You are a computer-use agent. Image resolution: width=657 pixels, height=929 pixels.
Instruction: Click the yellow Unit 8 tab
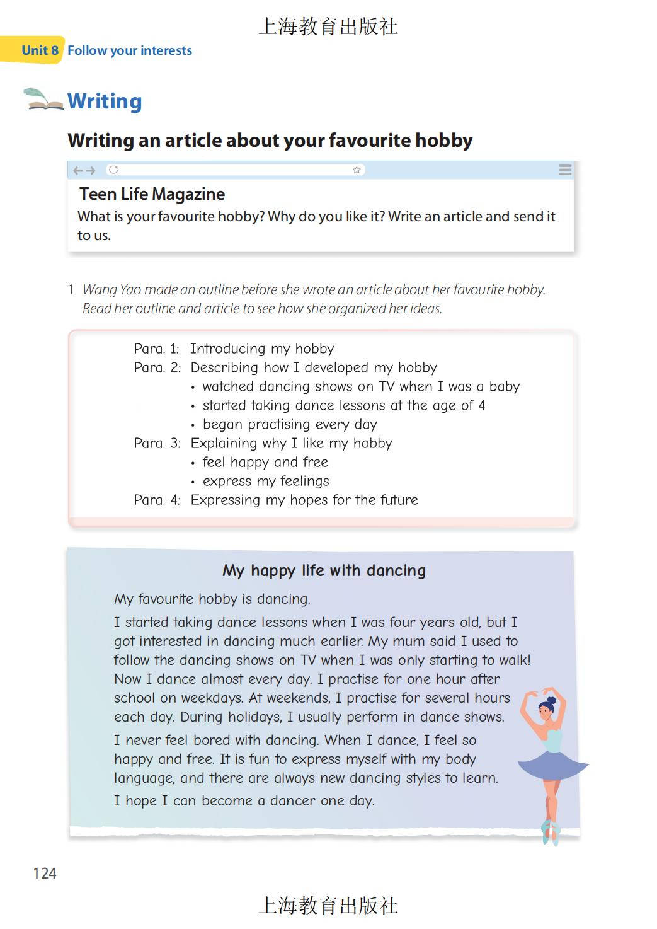39,50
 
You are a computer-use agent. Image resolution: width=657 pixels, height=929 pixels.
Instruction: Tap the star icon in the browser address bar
357,170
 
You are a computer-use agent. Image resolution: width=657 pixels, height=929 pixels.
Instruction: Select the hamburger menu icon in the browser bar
565,170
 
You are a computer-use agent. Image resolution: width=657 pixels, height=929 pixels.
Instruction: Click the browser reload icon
113,170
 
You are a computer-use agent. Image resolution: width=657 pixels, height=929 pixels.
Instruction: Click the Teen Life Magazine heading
152,194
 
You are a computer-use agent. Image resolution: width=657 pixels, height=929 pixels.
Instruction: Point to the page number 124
45,874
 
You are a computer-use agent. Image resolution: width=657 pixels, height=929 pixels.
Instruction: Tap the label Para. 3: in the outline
157,444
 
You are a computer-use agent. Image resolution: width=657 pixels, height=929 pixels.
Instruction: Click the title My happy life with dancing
324,571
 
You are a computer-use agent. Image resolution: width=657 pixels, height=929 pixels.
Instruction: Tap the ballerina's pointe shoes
550,831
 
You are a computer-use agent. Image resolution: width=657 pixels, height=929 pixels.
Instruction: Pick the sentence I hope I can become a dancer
244,801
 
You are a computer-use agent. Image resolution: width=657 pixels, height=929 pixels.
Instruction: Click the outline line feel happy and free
265,463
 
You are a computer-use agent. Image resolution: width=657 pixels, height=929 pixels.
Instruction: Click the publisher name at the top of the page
328,26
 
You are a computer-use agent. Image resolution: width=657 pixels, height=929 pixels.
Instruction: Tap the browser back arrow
77,170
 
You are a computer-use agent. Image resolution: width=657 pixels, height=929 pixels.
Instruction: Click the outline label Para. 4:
157,500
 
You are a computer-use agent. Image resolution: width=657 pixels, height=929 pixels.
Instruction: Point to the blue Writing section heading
105,101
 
